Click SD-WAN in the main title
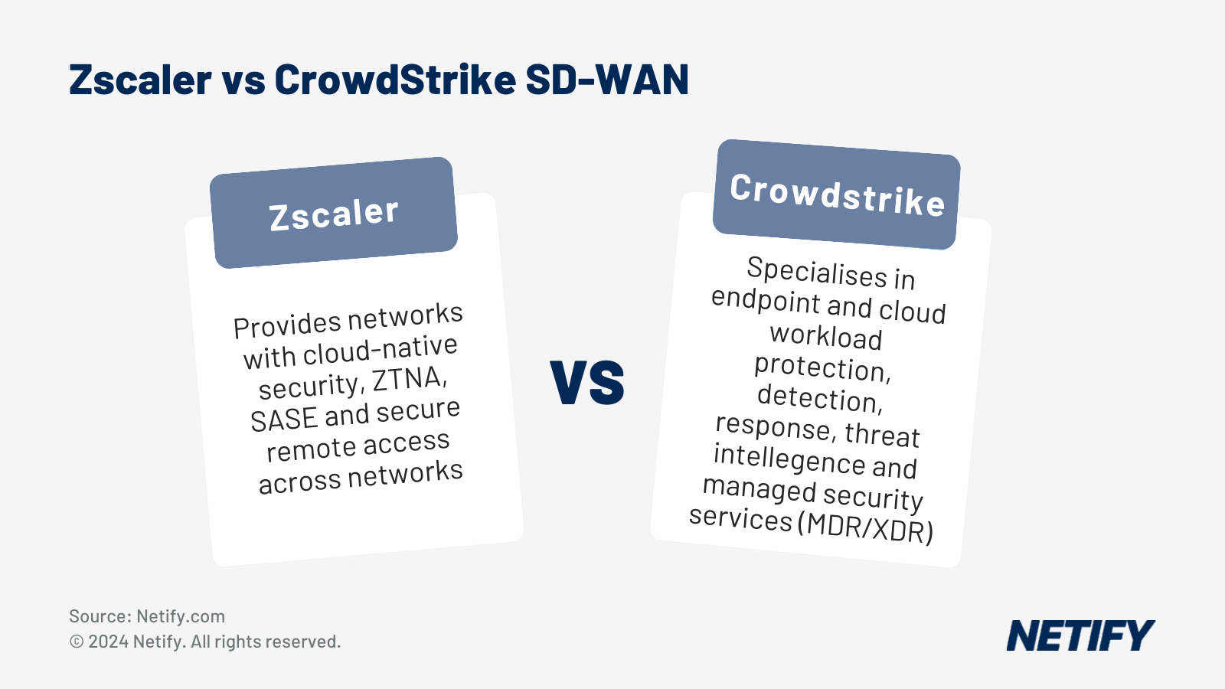607,80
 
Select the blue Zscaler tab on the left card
334,213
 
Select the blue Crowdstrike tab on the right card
837,194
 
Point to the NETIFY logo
1080,636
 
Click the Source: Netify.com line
147,616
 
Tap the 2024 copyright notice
205,642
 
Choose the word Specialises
816,272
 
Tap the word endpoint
766,299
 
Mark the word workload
825,336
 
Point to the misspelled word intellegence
789,459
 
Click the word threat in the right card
882,434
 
